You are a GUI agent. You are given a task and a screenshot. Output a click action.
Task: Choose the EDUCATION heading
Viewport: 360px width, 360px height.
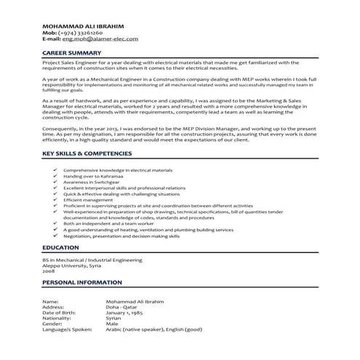60,248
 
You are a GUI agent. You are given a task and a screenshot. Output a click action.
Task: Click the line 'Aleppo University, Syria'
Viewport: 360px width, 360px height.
71,265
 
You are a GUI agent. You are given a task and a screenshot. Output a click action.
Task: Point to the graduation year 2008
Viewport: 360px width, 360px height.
49,271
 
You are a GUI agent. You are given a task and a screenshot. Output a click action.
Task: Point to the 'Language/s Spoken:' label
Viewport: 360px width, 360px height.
67,330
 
